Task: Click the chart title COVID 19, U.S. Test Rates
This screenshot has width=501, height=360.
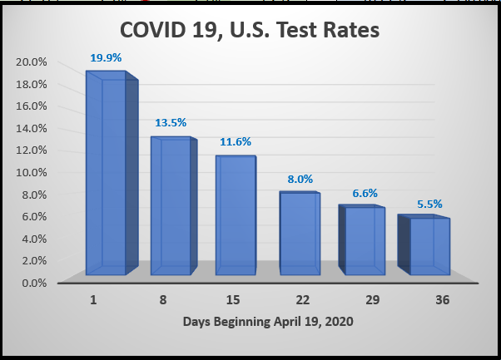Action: coord(250,31)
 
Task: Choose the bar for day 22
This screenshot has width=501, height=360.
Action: coord(300,233)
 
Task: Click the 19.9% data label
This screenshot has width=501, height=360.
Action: coord(105,58)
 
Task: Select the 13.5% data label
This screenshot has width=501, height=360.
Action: coord(170,122)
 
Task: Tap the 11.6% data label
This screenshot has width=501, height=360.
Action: coord(235,141)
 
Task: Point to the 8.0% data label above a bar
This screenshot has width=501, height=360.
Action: coord(300,177)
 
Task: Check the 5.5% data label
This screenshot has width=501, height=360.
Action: coord(429,203)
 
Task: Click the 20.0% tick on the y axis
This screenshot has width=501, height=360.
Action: coord(31,62)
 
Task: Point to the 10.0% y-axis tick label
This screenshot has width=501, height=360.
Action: coord(31,172)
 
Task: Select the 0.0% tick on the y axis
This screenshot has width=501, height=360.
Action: coord(33,283)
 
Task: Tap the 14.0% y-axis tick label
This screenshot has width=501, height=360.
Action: coord(31,128)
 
